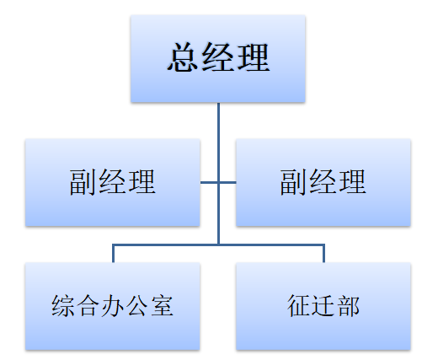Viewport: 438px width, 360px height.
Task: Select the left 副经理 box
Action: (x=112, y=183)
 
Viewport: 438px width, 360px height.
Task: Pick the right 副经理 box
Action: (x=323, y=183)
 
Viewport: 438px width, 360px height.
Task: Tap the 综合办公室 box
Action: (x=112, y=306)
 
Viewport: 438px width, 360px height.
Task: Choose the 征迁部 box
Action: (x=323, y=306)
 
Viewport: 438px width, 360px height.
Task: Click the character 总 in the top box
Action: (x=183, y=59)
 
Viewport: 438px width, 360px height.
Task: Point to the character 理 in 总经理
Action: (x=253, y=59)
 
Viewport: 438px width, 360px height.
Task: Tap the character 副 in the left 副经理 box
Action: (x=83, y=182)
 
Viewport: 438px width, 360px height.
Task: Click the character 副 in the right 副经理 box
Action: (x=295, y=182)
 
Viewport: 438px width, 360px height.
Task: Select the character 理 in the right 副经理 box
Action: (x=352, y=182)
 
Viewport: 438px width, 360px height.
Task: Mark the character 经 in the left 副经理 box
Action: (x=112, y=182)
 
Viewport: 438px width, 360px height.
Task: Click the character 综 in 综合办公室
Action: (x=62, y=305)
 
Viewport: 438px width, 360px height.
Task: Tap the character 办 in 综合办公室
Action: (x=112, y=305)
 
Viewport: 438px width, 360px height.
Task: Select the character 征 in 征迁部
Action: (x=299, y=305)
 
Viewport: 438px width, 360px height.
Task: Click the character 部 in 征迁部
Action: (x=348, y=305)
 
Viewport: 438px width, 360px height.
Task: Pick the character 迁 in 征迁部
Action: (x=323, y=305)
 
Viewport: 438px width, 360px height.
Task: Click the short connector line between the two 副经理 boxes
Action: (x=218, y=182)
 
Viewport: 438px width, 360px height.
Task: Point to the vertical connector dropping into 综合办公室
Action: (x=113, y=254)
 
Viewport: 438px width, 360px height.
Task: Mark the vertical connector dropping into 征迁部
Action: (x=323, y=254)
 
